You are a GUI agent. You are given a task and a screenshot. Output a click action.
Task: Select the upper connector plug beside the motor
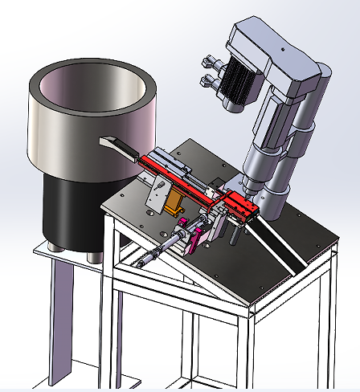click(x=211, y=60)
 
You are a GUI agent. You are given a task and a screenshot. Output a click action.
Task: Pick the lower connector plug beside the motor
click(x=211, y=80)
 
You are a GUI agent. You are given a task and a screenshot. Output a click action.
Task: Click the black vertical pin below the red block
click(x=233, y=233)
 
